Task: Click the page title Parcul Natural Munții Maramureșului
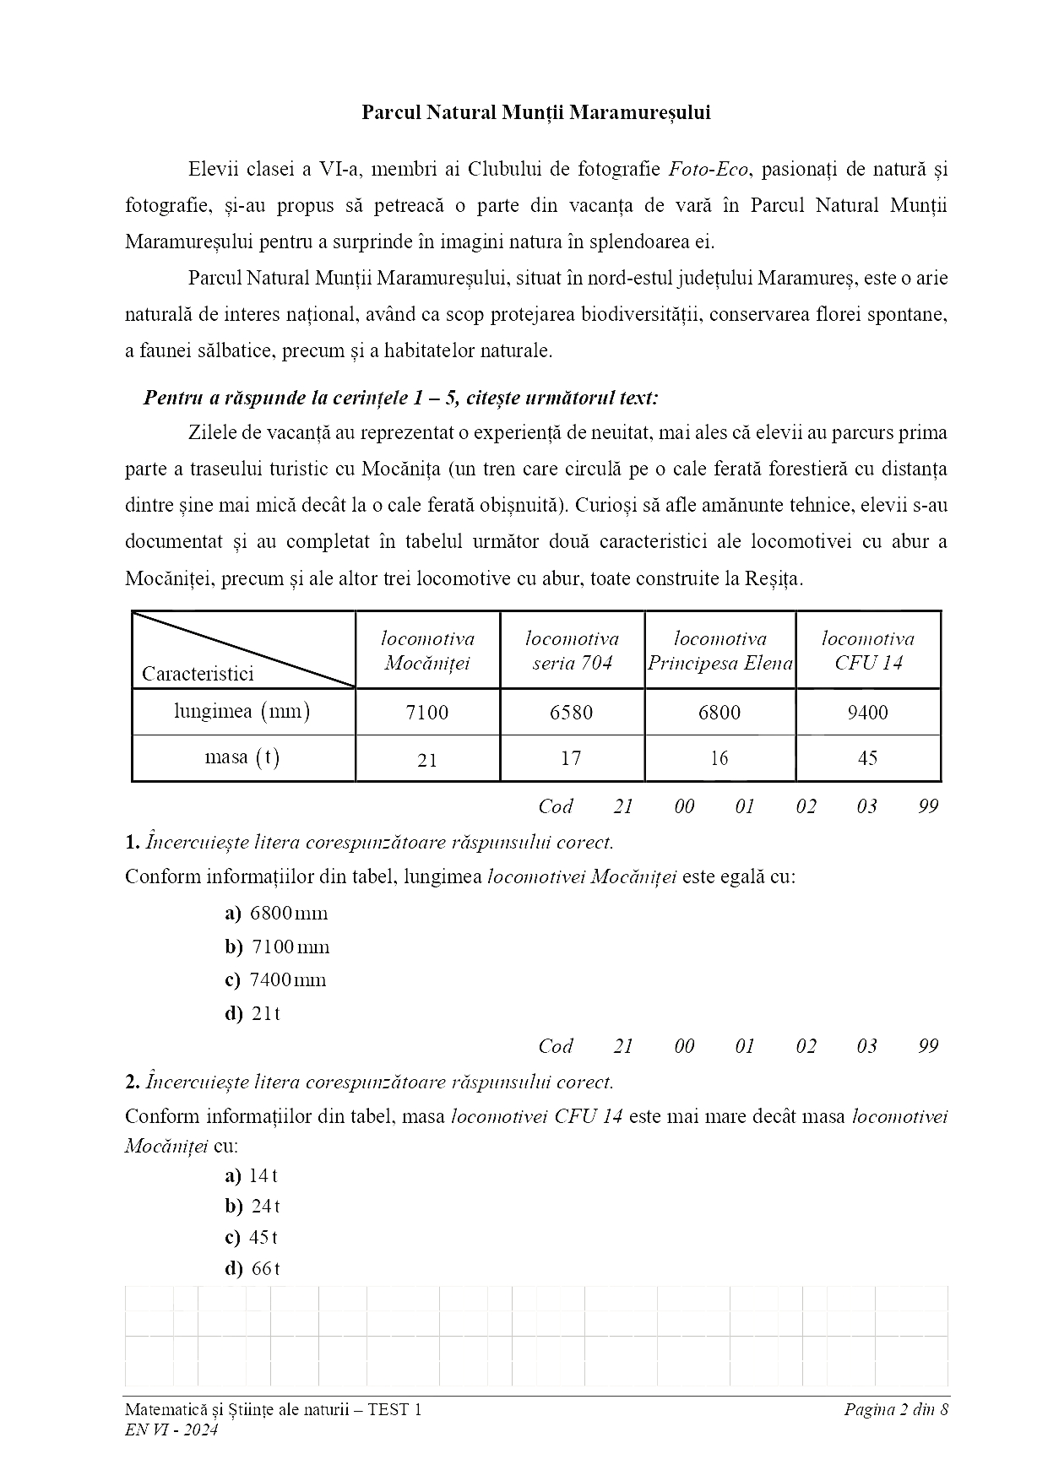(x=535, y=113)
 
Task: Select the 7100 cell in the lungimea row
(x=427, y=713)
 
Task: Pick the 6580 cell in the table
(x=571, y=713)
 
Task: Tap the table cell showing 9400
(x=867, y=713)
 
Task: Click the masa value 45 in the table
(x=867, y=758)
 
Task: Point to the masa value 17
(x=571, y=758)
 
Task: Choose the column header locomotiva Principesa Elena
(x=720, y=651)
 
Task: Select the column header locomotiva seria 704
(x=572, y=651)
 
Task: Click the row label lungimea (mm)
(x=242, y=712)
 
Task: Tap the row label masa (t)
(x=242, y=757)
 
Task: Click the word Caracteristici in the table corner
(x=198, y=674)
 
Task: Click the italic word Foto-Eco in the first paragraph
(x=709, y=170)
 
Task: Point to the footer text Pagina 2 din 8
(x=896, y=1409)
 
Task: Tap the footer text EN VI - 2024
(x=171, y=1429)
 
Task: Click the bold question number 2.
(x=132, y=1082)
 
